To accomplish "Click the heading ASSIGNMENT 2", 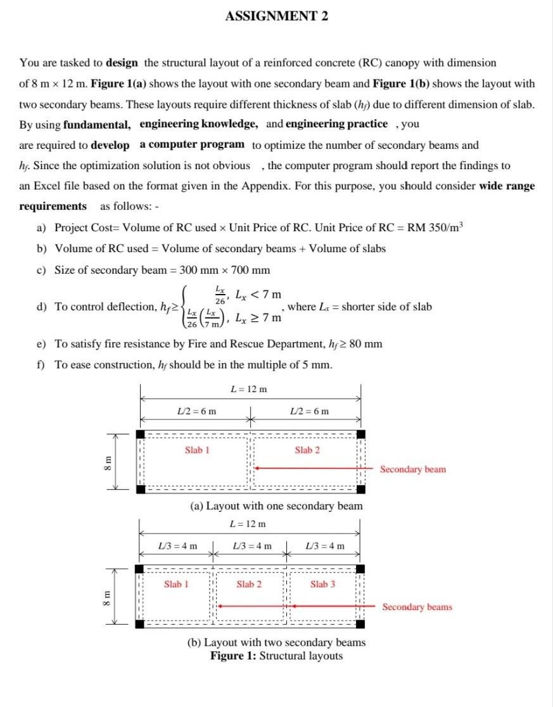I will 276,16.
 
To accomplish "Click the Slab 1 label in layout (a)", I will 197,450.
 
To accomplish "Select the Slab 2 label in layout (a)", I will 307,450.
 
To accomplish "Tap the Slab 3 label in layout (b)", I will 323,584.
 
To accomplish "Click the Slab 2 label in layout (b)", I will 249,584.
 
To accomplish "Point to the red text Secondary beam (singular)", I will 412,469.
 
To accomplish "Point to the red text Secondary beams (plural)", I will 417,607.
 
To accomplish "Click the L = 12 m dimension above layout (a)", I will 250,389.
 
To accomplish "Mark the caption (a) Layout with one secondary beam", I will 276,506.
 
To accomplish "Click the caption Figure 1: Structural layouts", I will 276,656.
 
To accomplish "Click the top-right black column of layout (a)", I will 360,434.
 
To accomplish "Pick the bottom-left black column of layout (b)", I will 140,624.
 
